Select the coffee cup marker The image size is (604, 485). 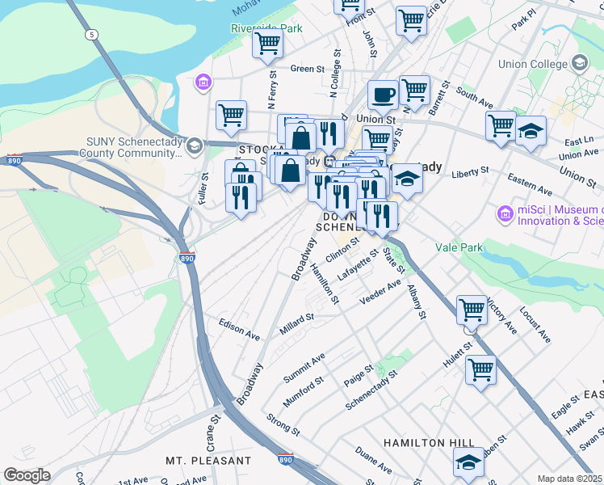click(383, 95)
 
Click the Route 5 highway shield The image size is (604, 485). click(93, 34)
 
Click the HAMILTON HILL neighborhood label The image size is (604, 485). click(425, 443)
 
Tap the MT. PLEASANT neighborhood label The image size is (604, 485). click(208, 460)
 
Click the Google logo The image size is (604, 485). click(27, 475)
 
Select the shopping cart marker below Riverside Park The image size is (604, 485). click(268, 44)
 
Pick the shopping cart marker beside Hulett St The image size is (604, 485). click(480, 370)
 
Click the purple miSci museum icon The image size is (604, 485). click(505, 214)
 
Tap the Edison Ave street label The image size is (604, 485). click(239, 327)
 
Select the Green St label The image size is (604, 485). click(307, 69)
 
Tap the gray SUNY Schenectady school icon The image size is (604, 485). click(194, 146)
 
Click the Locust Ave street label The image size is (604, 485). click(535, 323)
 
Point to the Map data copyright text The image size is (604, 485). click(568, 479)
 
